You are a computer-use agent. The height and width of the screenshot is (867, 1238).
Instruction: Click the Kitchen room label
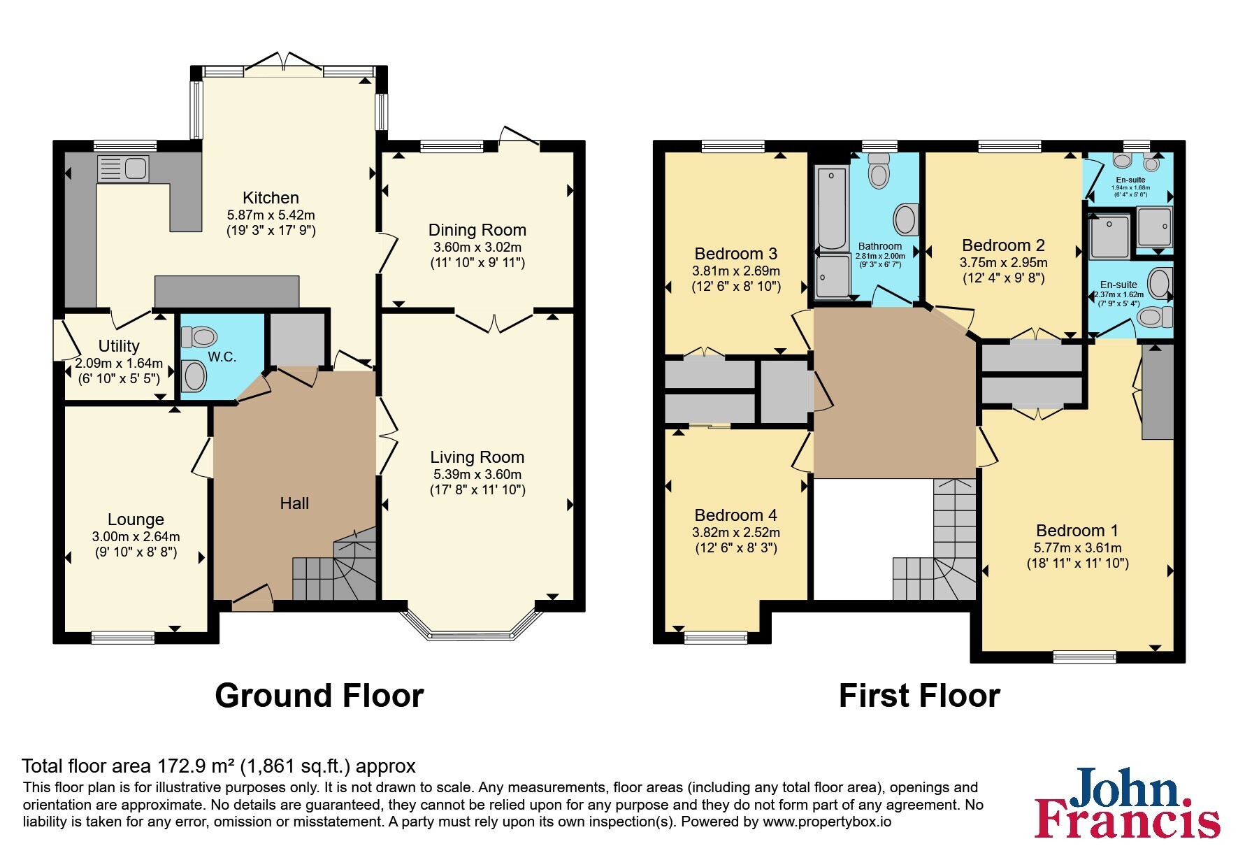coord(271,198)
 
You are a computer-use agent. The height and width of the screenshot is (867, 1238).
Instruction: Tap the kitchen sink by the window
coord(123,169)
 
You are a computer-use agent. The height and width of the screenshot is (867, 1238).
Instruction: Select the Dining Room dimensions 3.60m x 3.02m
coord(477,247)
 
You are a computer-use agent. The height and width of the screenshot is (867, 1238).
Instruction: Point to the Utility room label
coord(119,346)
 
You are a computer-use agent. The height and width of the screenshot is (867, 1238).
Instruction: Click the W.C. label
coord(222,357)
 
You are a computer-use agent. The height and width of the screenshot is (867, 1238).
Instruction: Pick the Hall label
coord(294,503)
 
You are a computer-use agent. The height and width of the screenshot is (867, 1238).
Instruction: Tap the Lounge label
coord(136,520)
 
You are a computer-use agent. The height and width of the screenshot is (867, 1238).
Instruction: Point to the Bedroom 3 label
coord(736,253)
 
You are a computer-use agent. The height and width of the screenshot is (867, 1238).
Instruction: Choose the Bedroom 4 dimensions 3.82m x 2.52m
coord(736,532)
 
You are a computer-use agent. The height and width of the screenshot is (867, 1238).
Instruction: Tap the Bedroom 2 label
coord(1003,245)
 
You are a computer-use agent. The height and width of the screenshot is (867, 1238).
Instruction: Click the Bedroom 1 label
coord(1077,531)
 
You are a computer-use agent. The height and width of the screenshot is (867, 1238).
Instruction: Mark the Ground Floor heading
coord(319,696)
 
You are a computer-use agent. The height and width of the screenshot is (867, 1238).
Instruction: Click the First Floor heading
coord(919,696)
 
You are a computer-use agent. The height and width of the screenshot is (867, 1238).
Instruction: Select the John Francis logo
coord(1127,803)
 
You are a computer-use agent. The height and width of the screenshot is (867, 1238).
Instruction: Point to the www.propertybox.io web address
coord(827,822)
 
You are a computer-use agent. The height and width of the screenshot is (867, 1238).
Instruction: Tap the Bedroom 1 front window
coord(1085,657)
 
